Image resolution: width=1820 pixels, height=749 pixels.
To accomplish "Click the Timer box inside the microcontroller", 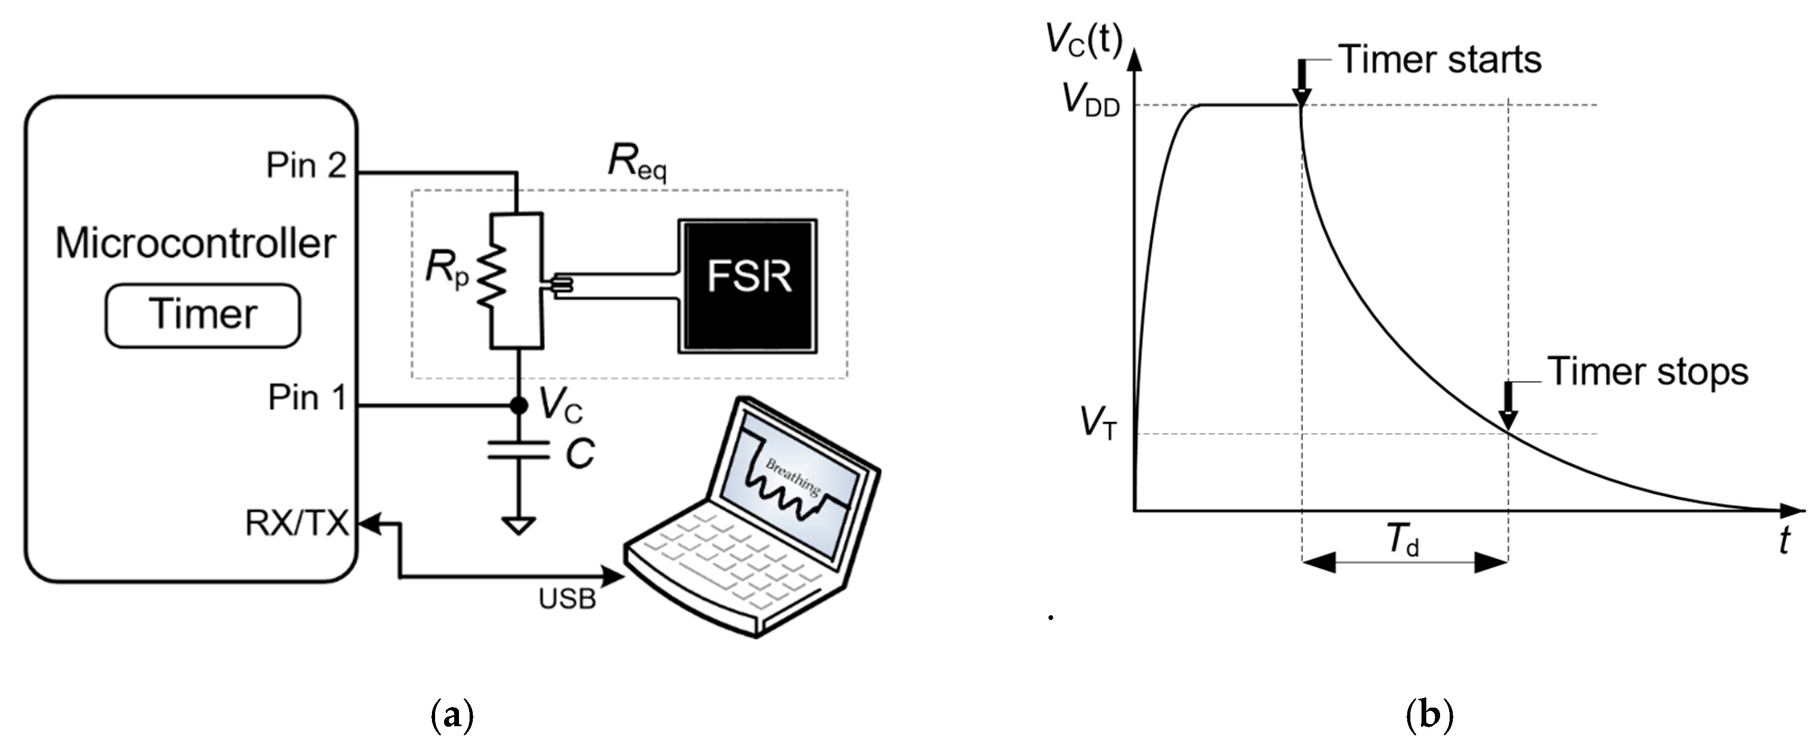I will click(x=203, y=315).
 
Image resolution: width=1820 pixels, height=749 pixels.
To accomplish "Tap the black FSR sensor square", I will click(x=748, y=286).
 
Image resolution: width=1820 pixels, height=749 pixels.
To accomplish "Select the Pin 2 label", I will click(x=306, y=166).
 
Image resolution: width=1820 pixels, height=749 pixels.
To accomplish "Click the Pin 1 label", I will click(x=307, y=398).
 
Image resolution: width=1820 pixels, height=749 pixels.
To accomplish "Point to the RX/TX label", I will click(x=297, y=524).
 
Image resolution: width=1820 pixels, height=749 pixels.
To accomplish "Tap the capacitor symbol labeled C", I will click(x=518, y=450).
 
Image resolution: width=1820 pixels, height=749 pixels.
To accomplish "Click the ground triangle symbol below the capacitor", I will click(x=518, y=526).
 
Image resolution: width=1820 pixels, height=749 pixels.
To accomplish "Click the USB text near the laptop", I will click(x=567, y=599).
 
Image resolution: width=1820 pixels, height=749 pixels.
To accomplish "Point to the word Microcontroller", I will click(x=196, y=244).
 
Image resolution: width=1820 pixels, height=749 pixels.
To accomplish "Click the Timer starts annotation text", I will click(x=1440, y=59).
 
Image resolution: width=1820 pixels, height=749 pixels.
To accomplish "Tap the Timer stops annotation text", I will click(x=1648, y=372).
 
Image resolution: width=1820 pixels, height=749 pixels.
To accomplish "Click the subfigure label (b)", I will click(x=1429, y=715).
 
